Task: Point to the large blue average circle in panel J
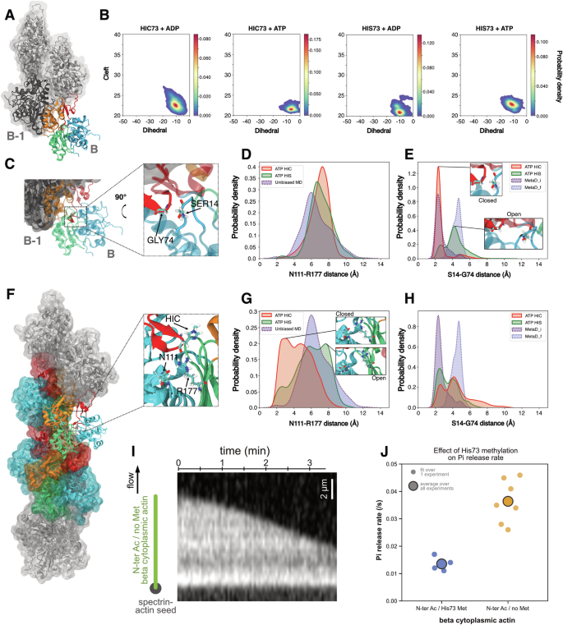coord(442,563)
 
